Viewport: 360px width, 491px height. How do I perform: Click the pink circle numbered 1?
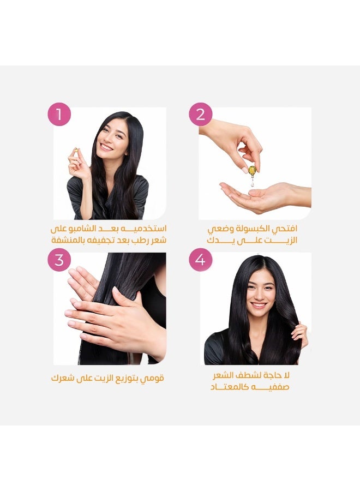[59, 115]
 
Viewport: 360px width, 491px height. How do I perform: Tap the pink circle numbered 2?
[200, 115]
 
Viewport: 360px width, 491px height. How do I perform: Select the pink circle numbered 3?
[59, 260]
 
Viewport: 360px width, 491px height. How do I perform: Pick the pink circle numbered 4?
[200, 260]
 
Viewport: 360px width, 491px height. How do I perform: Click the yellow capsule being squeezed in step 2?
[252, 171]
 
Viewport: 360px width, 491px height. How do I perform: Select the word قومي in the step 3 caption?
[153, 378]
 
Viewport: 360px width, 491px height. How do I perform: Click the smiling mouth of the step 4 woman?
[258, 305]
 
